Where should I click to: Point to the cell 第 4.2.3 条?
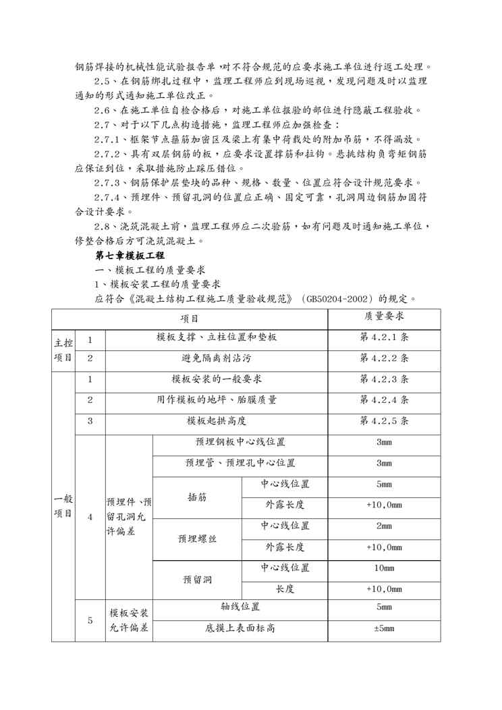384,379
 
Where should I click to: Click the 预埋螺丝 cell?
197,539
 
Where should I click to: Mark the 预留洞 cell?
197,580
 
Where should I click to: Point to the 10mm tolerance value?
384,568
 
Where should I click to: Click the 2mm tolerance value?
384,526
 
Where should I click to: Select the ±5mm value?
384,629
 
